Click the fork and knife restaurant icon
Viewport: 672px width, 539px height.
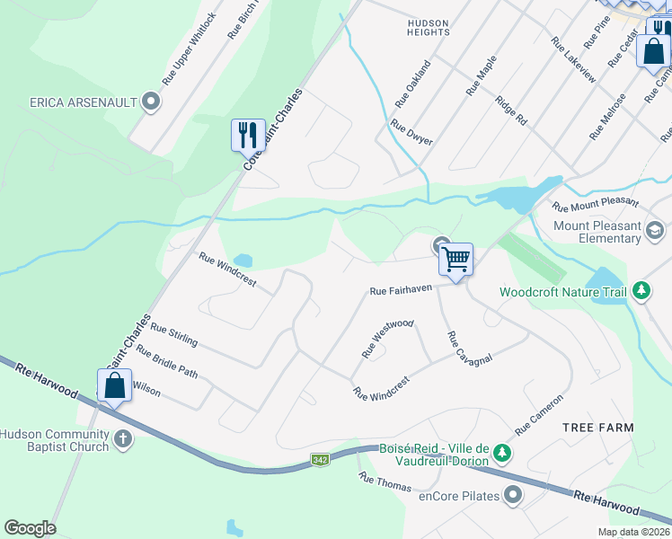(248, 136)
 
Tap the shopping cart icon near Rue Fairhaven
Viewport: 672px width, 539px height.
(455, 260)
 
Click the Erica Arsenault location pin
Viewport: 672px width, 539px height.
(151, 102)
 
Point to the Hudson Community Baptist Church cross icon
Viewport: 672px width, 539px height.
(123, 440)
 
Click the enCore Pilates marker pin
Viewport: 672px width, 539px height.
(513, 494)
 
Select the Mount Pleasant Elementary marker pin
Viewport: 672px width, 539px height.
(655, 234)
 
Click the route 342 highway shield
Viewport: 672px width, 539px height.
(320, 460)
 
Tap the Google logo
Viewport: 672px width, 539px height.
(30, 527)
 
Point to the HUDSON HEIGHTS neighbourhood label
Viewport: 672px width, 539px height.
(428, 26)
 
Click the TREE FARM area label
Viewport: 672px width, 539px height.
(598, 428)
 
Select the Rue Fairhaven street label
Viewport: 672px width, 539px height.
(401, 289)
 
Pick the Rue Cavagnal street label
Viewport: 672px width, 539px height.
(470, 348)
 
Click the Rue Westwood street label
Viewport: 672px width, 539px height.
(387, 338)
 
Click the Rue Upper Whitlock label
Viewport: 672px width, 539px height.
(189, 49)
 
